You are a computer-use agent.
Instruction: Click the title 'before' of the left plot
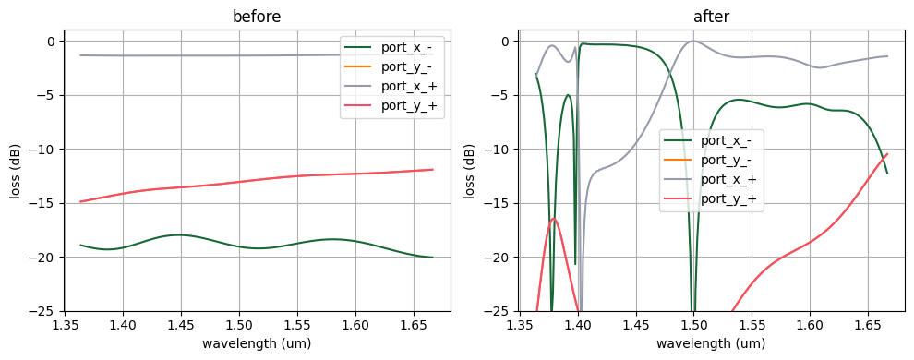click(x=257, y=18)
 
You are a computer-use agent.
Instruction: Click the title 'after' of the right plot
click(x=712, y=18)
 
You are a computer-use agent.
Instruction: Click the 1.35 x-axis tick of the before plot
click(x=65, y=325)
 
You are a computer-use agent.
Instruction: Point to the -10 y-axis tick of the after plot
click(x=499, y=150)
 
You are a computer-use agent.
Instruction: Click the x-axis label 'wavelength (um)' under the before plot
click(x=257, y=343)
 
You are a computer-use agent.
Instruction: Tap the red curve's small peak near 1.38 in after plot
click(x=554, y=218)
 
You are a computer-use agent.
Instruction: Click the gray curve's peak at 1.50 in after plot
click(x=692, y=41)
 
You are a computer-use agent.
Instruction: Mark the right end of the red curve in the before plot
click(x=433, y=169)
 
